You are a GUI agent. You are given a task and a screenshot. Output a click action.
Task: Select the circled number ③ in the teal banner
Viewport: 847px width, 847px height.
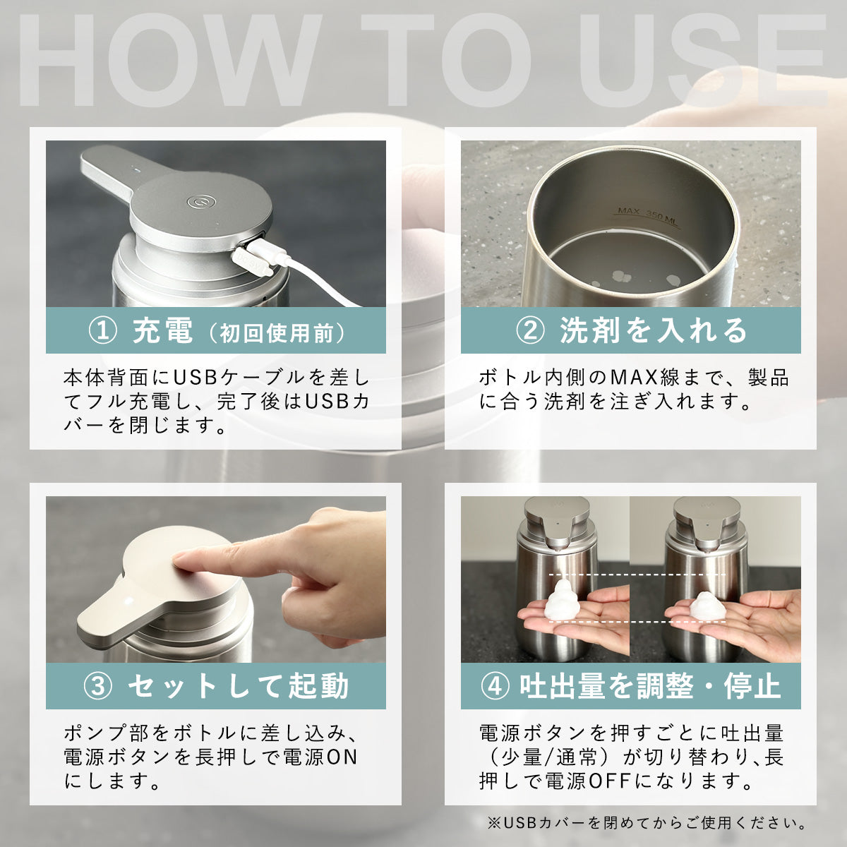[97, 687]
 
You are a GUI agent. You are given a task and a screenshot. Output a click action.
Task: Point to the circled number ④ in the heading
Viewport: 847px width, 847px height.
[495, 687]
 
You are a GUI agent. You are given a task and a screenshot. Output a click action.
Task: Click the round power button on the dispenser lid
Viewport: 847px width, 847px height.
[201, 202]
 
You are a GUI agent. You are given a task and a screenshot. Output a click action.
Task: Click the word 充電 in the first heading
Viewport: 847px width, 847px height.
[162, 330]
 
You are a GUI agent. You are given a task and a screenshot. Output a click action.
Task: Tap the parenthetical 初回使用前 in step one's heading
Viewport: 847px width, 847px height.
[277, 333]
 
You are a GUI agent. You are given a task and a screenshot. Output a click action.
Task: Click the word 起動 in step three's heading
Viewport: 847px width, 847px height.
[318, 686]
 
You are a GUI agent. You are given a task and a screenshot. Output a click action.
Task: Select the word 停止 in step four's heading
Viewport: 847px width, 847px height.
[752, 686]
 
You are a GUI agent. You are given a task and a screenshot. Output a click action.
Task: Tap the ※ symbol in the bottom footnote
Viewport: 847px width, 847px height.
[494, 823]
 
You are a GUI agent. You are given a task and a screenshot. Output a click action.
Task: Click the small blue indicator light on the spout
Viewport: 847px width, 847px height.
[138, 171]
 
